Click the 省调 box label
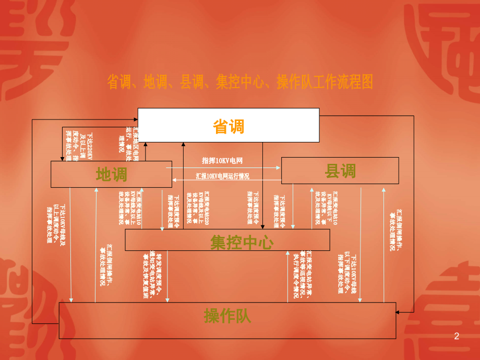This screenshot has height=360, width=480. pos(229,126)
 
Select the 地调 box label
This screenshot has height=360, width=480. pos(112,174)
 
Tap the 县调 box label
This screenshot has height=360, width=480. pos(340,171)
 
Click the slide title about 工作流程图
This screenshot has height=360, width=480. pos(240,82)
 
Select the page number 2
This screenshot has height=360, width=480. pos(457,337)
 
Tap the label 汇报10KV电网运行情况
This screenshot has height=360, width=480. pos(223,176)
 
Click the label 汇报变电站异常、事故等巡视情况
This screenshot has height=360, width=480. pos(303,273)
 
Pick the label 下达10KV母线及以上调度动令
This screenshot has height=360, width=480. pos(56,225)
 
